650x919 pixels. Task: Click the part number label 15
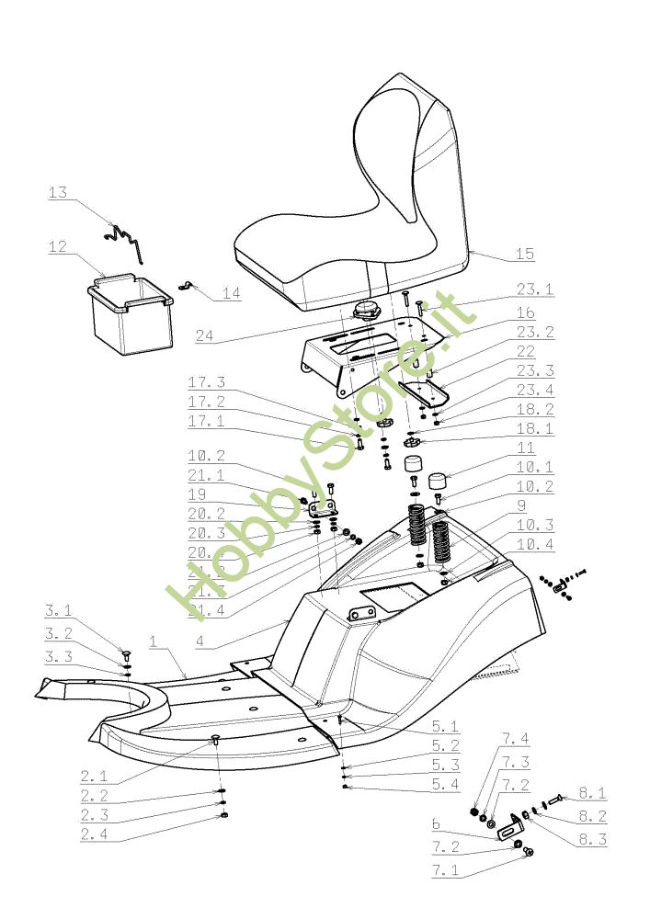pyautogui.click(x=525, y=254)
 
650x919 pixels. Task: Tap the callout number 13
pyautogui.click(x=58, y=193)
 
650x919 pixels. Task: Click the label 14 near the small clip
pyautogui.click(x=230, y=293)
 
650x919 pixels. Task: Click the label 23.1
pyautogui.click(x=535, y=289)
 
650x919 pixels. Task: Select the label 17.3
pyautogui.click(x=207, y=382)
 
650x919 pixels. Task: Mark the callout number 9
pyautogui.click(x=520, y=505)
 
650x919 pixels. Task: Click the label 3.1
pyautogui.click(x=58, y=609)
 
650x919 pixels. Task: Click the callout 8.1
pyautogui.click(x=591, y=793)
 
